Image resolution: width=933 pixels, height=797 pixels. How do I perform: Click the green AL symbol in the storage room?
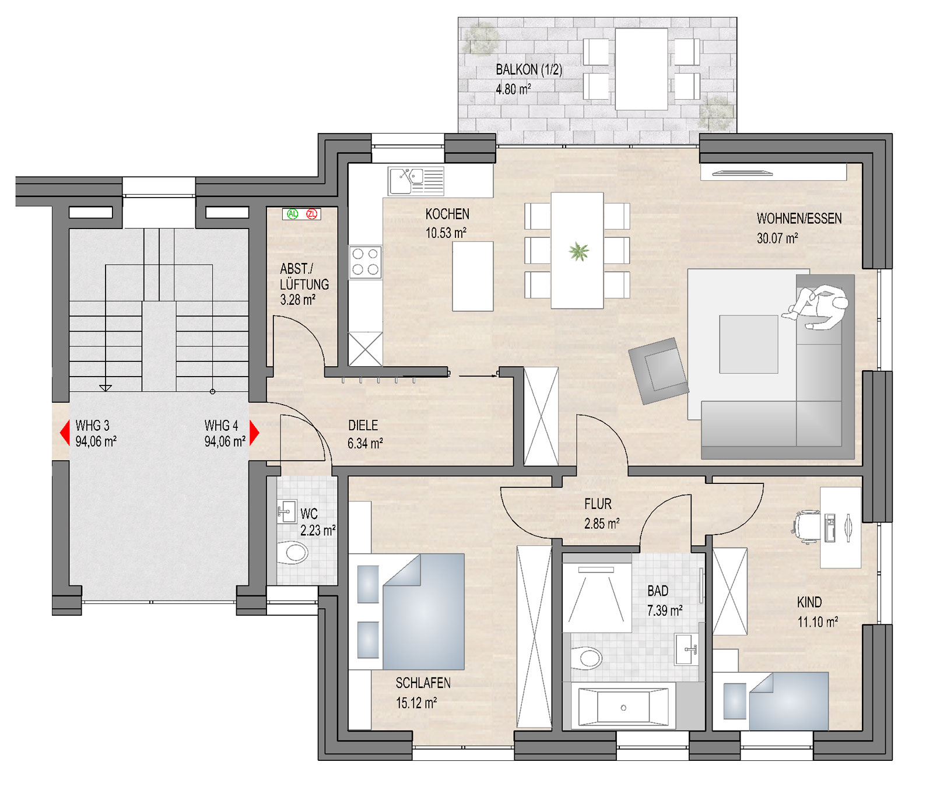[293, 214]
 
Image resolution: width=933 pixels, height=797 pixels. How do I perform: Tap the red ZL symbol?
[312, 214]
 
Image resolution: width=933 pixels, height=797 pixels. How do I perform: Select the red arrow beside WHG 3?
[65, 433]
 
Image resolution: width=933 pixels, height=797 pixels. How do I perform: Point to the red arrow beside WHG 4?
[254, 433]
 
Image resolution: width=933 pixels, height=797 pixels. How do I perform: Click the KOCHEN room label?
[447, 214]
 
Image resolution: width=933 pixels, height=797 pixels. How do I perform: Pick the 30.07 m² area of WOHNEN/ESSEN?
[777, 238]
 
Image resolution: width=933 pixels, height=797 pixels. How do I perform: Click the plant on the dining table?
[578, 252]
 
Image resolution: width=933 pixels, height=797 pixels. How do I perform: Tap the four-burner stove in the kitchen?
[366, 262]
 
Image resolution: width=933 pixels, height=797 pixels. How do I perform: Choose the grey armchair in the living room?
[659, 371]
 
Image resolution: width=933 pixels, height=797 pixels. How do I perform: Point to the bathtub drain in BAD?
[623, 708]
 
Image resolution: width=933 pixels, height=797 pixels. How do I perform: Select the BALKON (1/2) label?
[529, 70]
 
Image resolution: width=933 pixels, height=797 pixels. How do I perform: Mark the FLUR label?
[598, 504]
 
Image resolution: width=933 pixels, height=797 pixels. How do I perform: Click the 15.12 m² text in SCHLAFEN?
[416, 703]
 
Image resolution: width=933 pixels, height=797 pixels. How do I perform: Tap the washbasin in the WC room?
[286, 511]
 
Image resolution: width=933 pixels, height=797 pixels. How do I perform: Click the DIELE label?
[363, 426]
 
